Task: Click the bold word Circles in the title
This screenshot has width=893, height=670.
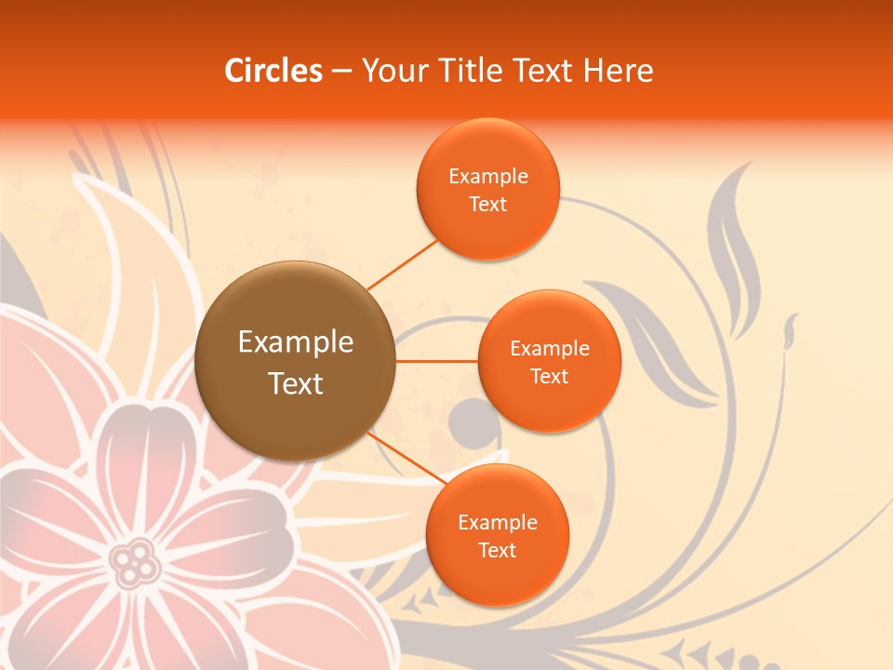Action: click(x=273, y=71)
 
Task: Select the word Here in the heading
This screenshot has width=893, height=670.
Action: click(x=618, y=71)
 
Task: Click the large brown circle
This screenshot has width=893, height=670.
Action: click(x=295, y=361)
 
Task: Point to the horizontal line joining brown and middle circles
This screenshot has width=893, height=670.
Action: click(x=436, y=360)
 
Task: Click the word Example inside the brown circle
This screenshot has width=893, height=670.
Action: click(x=295, y=342)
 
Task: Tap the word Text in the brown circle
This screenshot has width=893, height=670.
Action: click(x=295, y=383)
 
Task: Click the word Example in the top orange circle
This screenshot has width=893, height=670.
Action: click(x=487, y=177)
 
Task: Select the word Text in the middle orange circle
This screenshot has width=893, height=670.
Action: click(x=549, y=377)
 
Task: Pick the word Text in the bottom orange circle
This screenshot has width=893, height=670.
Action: click(x=497, y=550)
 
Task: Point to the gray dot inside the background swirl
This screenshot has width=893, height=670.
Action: click(x=467, y=421)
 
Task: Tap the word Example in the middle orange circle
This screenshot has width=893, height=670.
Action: click(x=549, y=349)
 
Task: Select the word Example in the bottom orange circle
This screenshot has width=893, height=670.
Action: click(x=497, y=522)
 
